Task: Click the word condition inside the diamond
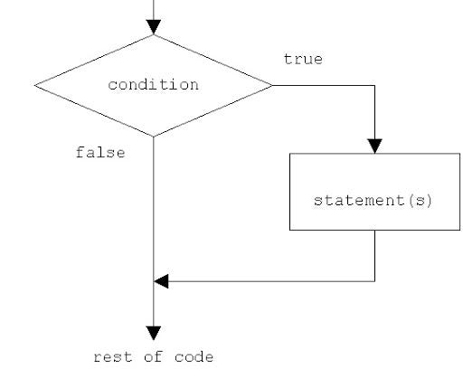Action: (153, 85)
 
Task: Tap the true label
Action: (303, 59)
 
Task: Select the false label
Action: (99, 153)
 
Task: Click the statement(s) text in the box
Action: (373, 199)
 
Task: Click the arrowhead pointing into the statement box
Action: (374, 146)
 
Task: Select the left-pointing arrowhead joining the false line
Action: (161, 280)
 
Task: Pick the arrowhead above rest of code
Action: (154, 332)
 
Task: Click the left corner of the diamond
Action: (35, 86)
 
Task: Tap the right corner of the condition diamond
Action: (272, 86)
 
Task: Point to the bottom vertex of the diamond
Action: (154, 137)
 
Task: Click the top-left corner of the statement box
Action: (289, 153)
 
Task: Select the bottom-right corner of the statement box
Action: (459, 230)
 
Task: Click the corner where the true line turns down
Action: (374, 86)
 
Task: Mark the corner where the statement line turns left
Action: (374, 280)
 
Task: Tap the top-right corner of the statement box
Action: (459, 153)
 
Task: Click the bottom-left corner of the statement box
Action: (289, 230)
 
